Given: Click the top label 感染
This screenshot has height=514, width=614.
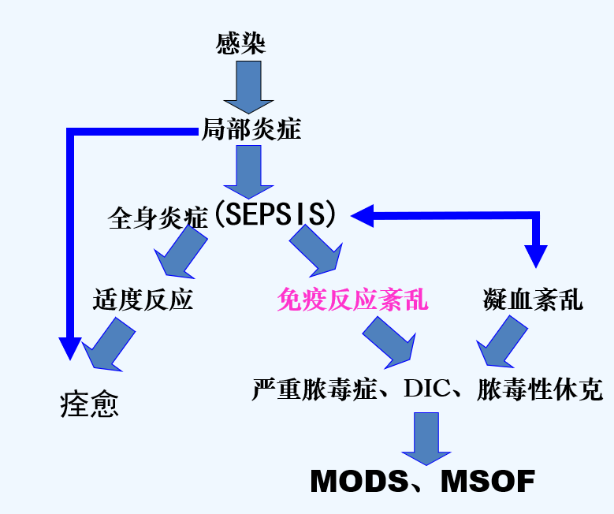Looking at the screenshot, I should click(240, 43).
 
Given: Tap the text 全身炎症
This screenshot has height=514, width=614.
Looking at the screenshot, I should click(157, 218).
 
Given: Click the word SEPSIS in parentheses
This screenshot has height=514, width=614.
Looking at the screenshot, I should click(275, 214).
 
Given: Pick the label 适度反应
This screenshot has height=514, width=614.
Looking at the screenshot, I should click(143, 300).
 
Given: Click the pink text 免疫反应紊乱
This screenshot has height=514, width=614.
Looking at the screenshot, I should click(353, 300).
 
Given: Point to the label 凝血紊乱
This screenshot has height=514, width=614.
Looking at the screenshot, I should click(533, 300).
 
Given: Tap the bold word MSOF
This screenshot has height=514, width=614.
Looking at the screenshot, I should click(488, 481).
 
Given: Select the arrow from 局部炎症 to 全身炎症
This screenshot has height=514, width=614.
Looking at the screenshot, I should click(248, 172).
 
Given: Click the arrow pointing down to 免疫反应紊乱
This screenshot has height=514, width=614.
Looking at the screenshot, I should click(316, 250).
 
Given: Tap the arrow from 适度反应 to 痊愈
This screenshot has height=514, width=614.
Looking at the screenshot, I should click(110, 344).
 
